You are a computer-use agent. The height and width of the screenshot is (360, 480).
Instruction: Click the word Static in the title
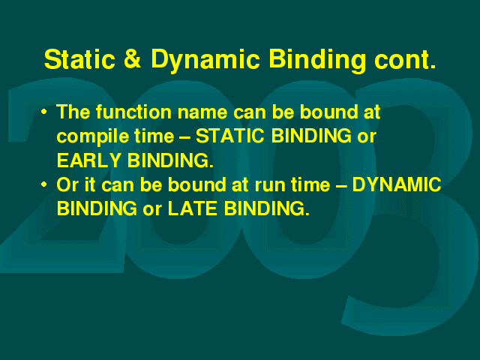point(79,59)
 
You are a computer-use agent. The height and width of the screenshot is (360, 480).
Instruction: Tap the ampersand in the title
point(133,59)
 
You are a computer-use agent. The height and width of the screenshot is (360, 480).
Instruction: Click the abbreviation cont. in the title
point(405,60)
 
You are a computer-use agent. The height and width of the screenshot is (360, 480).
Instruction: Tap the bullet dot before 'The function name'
point(44,112)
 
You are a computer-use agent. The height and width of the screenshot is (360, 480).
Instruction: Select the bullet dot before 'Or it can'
point(44,184)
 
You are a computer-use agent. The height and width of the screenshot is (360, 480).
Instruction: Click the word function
point(133,112)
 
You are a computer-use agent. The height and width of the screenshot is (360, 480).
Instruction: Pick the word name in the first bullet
point(202,113)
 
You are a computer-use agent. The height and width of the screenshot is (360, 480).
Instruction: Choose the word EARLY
point(88,160)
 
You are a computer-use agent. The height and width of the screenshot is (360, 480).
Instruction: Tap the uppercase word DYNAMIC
point(397,184)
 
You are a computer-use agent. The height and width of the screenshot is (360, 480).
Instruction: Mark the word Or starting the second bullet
point(67,184)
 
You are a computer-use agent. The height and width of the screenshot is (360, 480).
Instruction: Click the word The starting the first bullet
point(73,112)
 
